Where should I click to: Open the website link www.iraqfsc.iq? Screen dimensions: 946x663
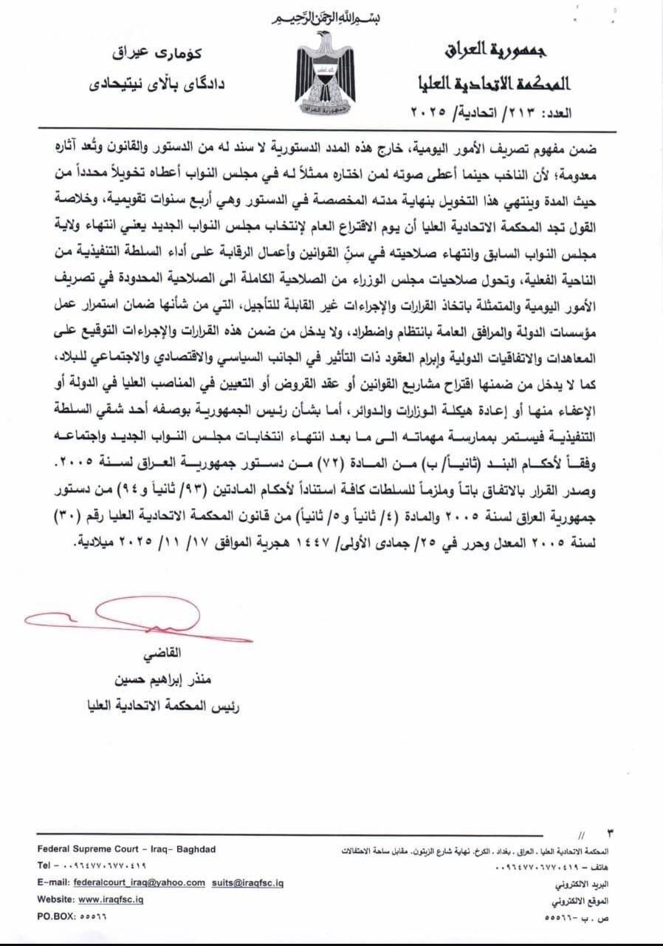pyautogui.click(x=110, y=899)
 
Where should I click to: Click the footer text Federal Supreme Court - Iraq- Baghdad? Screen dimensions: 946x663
pyautogui.click(x=126, y=849)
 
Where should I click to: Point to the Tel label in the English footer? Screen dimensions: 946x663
pyautogui.click(x=44, y=865)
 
